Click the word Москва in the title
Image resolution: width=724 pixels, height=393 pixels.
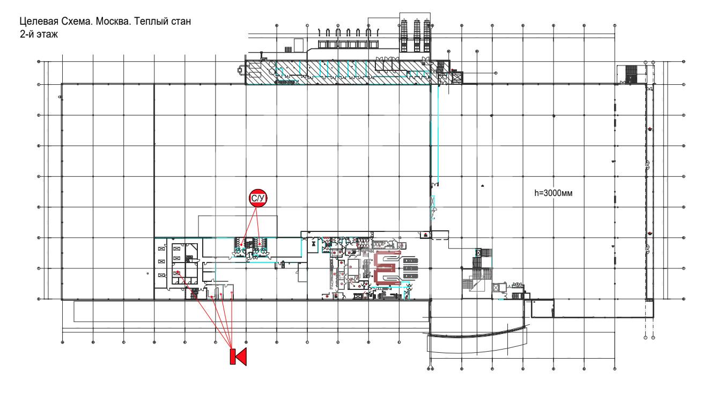point(114,21)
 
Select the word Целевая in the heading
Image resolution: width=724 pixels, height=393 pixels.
point(39,21)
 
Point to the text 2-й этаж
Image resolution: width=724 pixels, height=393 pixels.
point(39,34)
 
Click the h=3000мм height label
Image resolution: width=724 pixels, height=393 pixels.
point(553,193)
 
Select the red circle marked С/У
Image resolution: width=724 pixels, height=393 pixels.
point(258,198)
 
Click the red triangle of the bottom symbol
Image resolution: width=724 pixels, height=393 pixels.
point(241,356)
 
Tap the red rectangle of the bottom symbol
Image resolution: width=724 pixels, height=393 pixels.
point(233,356)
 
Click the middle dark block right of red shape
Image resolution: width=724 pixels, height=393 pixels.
point(410,268)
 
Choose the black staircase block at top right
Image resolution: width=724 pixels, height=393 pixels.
point(631,74)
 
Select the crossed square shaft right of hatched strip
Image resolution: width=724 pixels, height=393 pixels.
point(457,78)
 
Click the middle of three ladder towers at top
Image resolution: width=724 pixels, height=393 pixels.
point(417,35)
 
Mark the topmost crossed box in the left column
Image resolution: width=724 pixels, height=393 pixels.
point(161,249)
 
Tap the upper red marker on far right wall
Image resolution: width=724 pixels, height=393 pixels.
point(650,129)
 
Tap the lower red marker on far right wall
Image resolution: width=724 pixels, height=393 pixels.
point(650,234)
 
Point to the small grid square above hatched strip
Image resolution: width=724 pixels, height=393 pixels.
point(288,49)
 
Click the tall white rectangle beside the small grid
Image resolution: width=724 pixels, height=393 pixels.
point(299,45)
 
